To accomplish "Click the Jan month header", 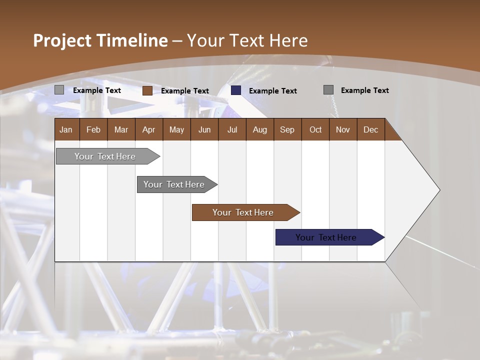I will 66,129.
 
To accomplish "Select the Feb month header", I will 93,129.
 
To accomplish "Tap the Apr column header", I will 148,129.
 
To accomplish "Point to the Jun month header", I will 204,129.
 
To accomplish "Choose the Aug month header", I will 260,129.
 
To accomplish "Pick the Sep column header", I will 287,129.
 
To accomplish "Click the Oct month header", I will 315,129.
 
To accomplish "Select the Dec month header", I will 370,129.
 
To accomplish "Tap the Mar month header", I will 121,129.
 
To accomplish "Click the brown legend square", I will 147,90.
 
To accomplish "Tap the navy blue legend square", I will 236,90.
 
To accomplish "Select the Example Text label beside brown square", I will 185,91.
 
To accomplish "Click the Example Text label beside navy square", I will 273,91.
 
